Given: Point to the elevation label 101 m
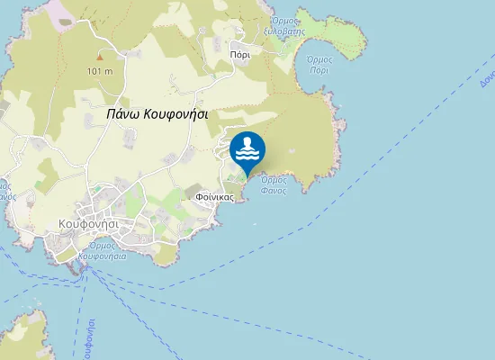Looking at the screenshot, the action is tap(100, 71).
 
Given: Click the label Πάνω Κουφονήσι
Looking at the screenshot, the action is tap(157, 114).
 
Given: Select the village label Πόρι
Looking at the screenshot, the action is tap(239, 53).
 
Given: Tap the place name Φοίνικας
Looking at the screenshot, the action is tap(214, 195).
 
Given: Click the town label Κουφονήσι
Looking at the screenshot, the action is tap(89, 222).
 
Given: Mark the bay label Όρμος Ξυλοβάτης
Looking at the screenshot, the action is tap(287, 26).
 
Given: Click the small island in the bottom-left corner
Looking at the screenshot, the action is tap(20, 333).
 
